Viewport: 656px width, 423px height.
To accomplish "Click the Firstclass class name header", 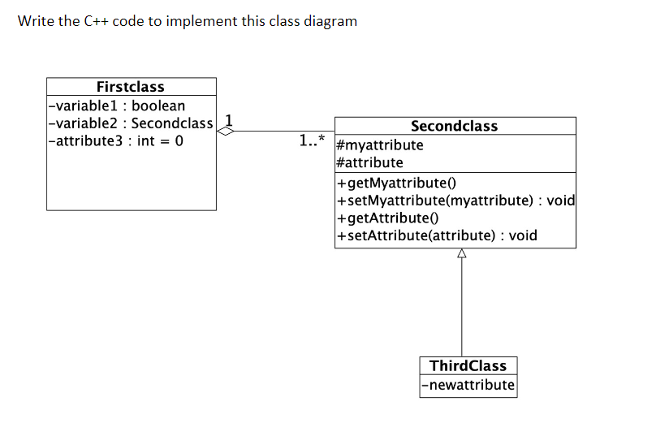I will tap(130, 87).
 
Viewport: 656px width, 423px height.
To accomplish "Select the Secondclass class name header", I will tap(454, 126).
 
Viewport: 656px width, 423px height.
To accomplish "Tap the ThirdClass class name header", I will tap(468, 366).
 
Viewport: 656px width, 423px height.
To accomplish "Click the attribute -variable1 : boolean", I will tap(117, 106).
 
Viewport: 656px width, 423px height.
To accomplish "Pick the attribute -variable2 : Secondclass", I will tap(130, 123).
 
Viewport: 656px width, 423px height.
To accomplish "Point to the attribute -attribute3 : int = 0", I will tap(116, 141).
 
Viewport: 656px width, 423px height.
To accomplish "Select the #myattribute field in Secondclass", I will tap(379, 145).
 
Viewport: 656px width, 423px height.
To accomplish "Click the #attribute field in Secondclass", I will tap(369, 162).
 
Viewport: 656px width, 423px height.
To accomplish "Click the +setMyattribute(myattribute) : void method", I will tap(455, 201).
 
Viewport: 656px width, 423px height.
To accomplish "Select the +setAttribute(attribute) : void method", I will tap(436, 236).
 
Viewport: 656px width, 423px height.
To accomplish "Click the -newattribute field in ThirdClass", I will tap(468, 385).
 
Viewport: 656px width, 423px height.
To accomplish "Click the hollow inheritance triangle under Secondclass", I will tap(461, 254).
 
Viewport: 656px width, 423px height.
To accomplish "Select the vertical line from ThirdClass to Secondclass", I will tap(461, 309).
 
